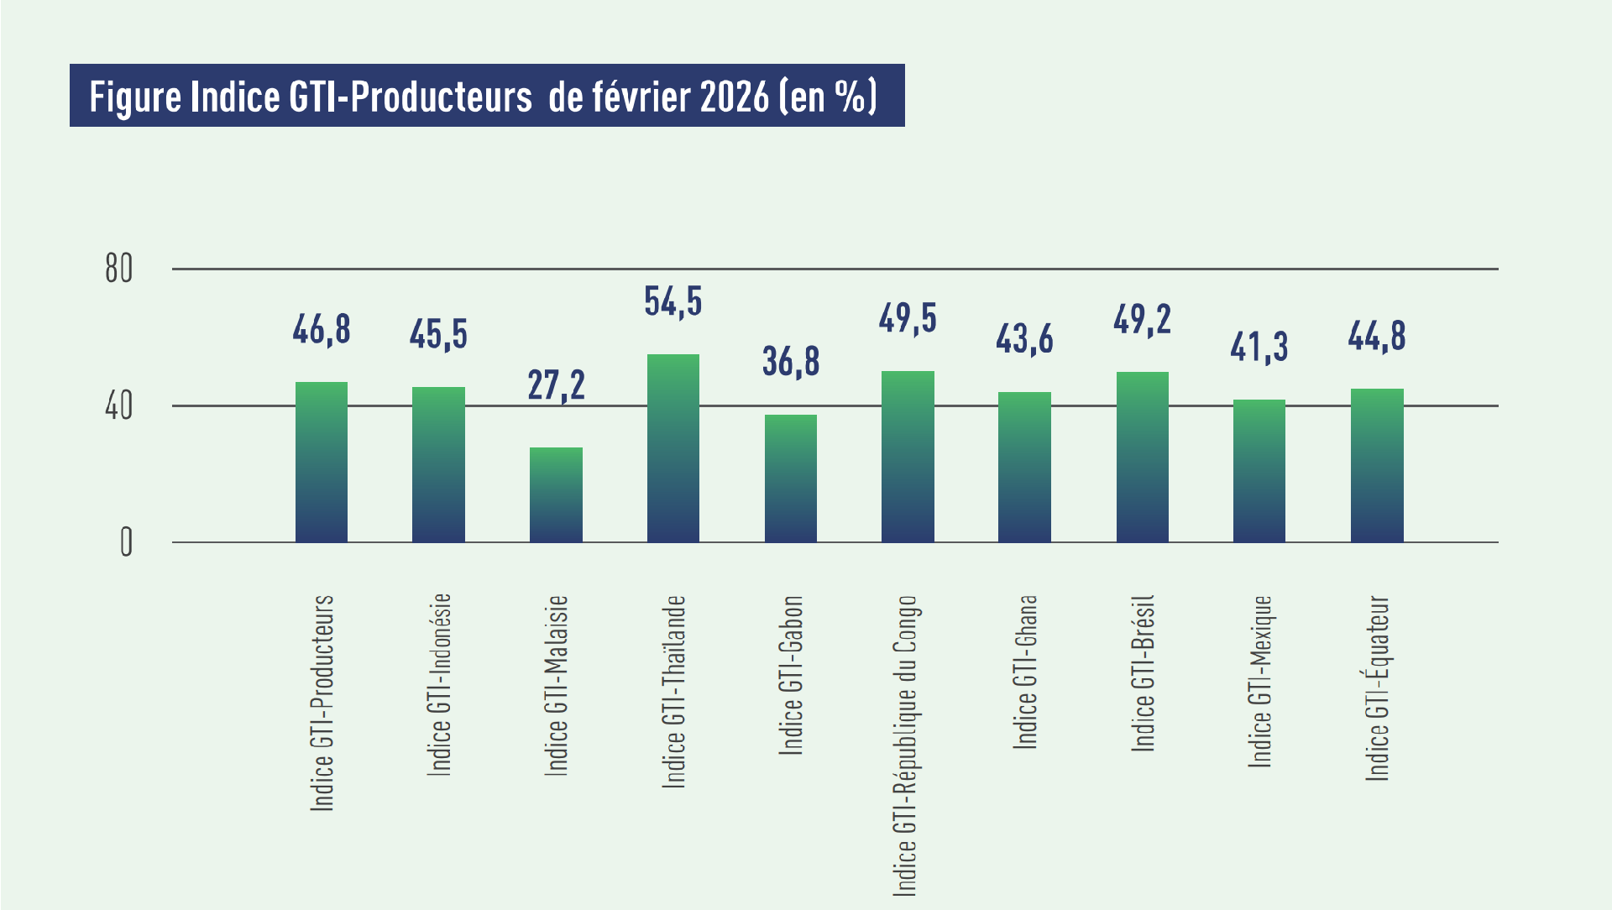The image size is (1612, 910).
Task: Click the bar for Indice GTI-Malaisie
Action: [x=556, y=495]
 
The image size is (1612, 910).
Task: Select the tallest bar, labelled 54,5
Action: [x=673, y=448]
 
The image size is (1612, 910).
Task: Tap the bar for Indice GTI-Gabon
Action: [x=791, y=479]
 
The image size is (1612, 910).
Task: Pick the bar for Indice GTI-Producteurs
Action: [x=322, y=462]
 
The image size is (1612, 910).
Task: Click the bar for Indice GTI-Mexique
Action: [x=1259, y=471]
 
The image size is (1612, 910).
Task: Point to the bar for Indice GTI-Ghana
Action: [x=1024, y=467]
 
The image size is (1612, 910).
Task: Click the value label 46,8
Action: [x=322, y=329]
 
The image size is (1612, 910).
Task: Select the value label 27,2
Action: [x=556, y=385]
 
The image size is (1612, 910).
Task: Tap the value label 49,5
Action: [x=908, y=318]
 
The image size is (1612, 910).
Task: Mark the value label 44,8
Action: [x=1377, y=336]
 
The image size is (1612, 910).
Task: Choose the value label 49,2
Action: [x=1142, y=319]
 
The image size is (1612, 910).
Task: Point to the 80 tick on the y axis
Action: [x=119, y=269]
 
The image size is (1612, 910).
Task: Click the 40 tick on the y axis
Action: [x=119, y=406]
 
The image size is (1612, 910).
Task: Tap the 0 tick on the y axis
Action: [x=126, y=542]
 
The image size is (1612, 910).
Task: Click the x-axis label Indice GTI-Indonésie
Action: [x=440, y=684]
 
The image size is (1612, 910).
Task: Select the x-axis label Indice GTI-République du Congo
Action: [x=906, y=745]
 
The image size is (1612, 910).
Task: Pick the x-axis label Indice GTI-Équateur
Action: [x=1378, y=688]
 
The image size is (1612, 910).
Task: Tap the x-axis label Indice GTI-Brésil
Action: [x=1144, y=672]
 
